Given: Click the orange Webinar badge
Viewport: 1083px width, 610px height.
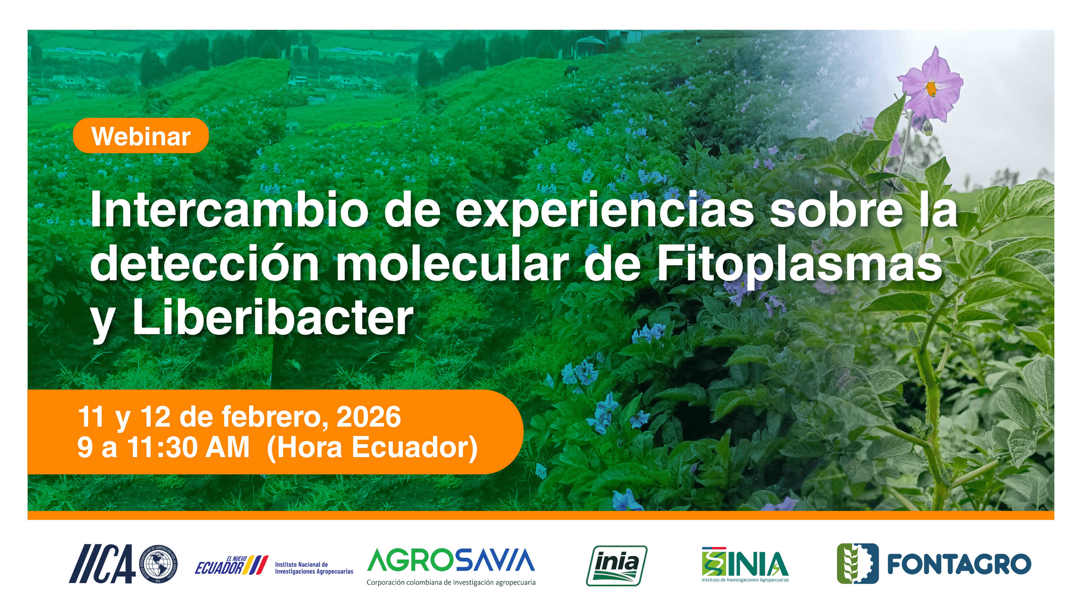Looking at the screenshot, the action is [x=141, y=136].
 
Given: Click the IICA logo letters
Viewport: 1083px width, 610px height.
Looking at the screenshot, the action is [x=102, y=564].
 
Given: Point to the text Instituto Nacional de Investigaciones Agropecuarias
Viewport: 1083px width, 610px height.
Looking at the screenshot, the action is [x=314, y=568].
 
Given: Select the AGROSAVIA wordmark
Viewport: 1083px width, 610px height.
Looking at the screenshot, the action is [x=451, y=560].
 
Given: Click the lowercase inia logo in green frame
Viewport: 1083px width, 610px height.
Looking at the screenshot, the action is [x=617, y=565].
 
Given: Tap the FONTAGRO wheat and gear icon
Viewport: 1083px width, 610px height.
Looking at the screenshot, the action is [x=858, y=564].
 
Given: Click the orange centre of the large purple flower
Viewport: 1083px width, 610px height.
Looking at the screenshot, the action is [x=931, y=88].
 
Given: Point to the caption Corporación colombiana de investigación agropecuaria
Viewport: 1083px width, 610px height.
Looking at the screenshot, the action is [x=451, y=583].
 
